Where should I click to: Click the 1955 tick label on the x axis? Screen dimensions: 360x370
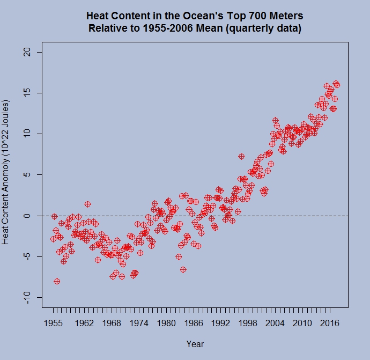(53, 323)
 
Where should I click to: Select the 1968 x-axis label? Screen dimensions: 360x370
(112, 323)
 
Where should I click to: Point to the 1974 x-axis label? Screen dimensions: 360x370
(139, 323)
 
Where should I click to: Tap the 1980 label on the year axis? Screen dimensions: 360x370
(166, 323)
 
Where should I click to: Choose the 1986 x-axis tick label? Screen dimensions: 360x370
(194, 323)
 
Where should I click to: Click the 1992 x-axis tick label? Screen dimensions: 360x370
(220, 323)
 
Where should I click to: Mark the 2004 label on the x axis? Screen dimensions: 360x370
(275, 323)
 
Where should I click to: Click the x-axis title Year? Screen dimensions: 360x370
(195, 344)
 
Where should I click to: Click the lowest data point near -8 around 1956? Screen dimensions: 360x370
(57, 281)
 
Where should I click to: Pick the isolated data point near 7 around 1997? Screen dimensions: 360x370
(241, 157)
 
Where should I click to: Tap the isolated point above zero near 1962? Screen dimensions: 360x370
(87, 204)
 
